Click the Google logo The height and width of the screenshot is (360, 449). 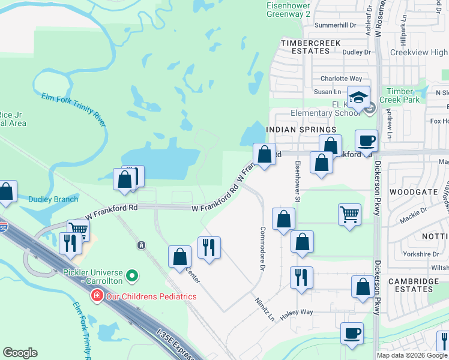(x=20, y=353)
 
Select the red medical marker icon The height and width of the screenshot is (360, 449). (x=96, y=296)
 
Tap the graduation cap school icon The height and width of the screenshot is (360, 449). (x=358, y=97)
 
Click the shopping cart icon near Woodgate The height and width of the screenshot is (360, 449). (x=349, y=214)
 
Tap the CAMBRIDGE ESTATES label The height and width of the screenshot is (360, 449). (x=411, y=285)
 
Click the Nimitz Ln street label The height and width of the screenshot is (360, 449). (x=264, y=308)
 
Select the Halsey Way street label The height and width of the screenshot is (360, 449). (x=299, y=312)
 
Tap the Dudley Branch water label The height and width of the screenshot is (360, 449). (x=53, y=199)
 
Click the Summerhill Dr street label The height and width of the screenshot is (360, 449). (x=336, y=26)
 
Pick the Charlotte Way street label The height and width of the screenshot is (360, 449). (x=341, y=79)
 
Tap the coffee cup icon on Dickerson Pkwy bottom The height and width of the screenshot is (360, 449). (x=352, y=333)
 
